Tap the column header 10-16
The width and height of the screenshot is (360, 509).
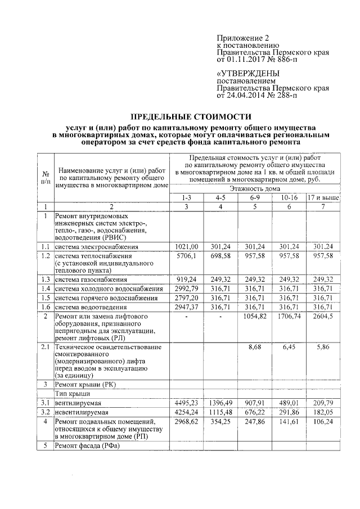tap(288, 199)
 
